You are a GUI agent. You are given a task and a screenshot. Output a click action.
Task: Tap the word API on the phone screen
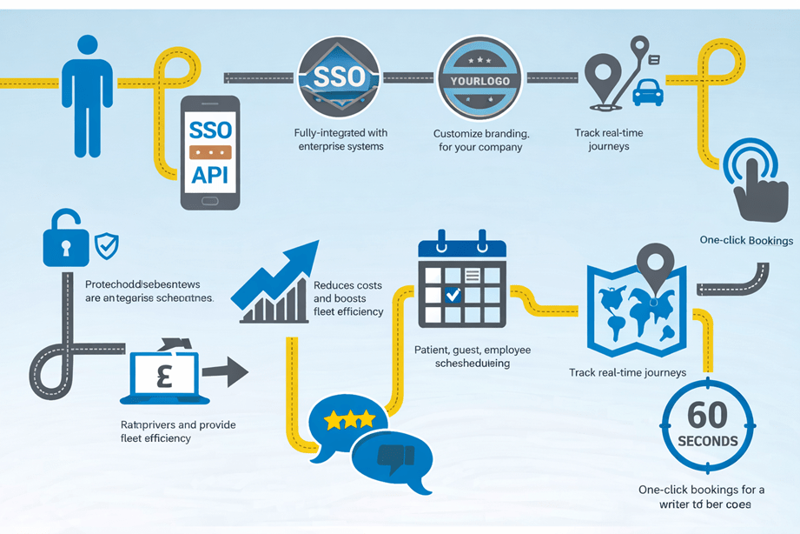pyautogui.click(x=209, y=173)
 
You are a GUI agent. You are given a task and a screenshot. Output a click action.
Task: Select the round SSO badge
pyautogui.click(x=338, y=77)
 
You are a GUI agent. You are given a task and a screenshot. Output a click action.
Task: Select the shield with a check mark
pyautogui.click(x=107, y=245)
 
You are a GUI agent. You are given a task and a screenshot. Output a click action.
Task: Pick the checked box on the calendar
pyautogui.click(x=452, y=296)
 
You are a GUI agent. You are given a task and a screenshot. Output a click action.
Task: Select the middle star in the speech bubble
pyautogui.click(x=349, y=420)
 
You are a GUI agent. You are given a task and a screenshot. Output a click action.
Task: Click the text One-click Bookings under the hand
pyautogui.click(x=746, y=240)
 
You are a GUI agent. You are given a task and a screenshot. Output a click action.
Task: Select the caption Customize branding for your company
pyautogui.click(x=480, y=140)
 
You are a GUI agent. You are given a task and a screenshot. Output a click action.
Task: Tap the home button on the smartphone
pyautogui.click(x=209, y=201)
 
